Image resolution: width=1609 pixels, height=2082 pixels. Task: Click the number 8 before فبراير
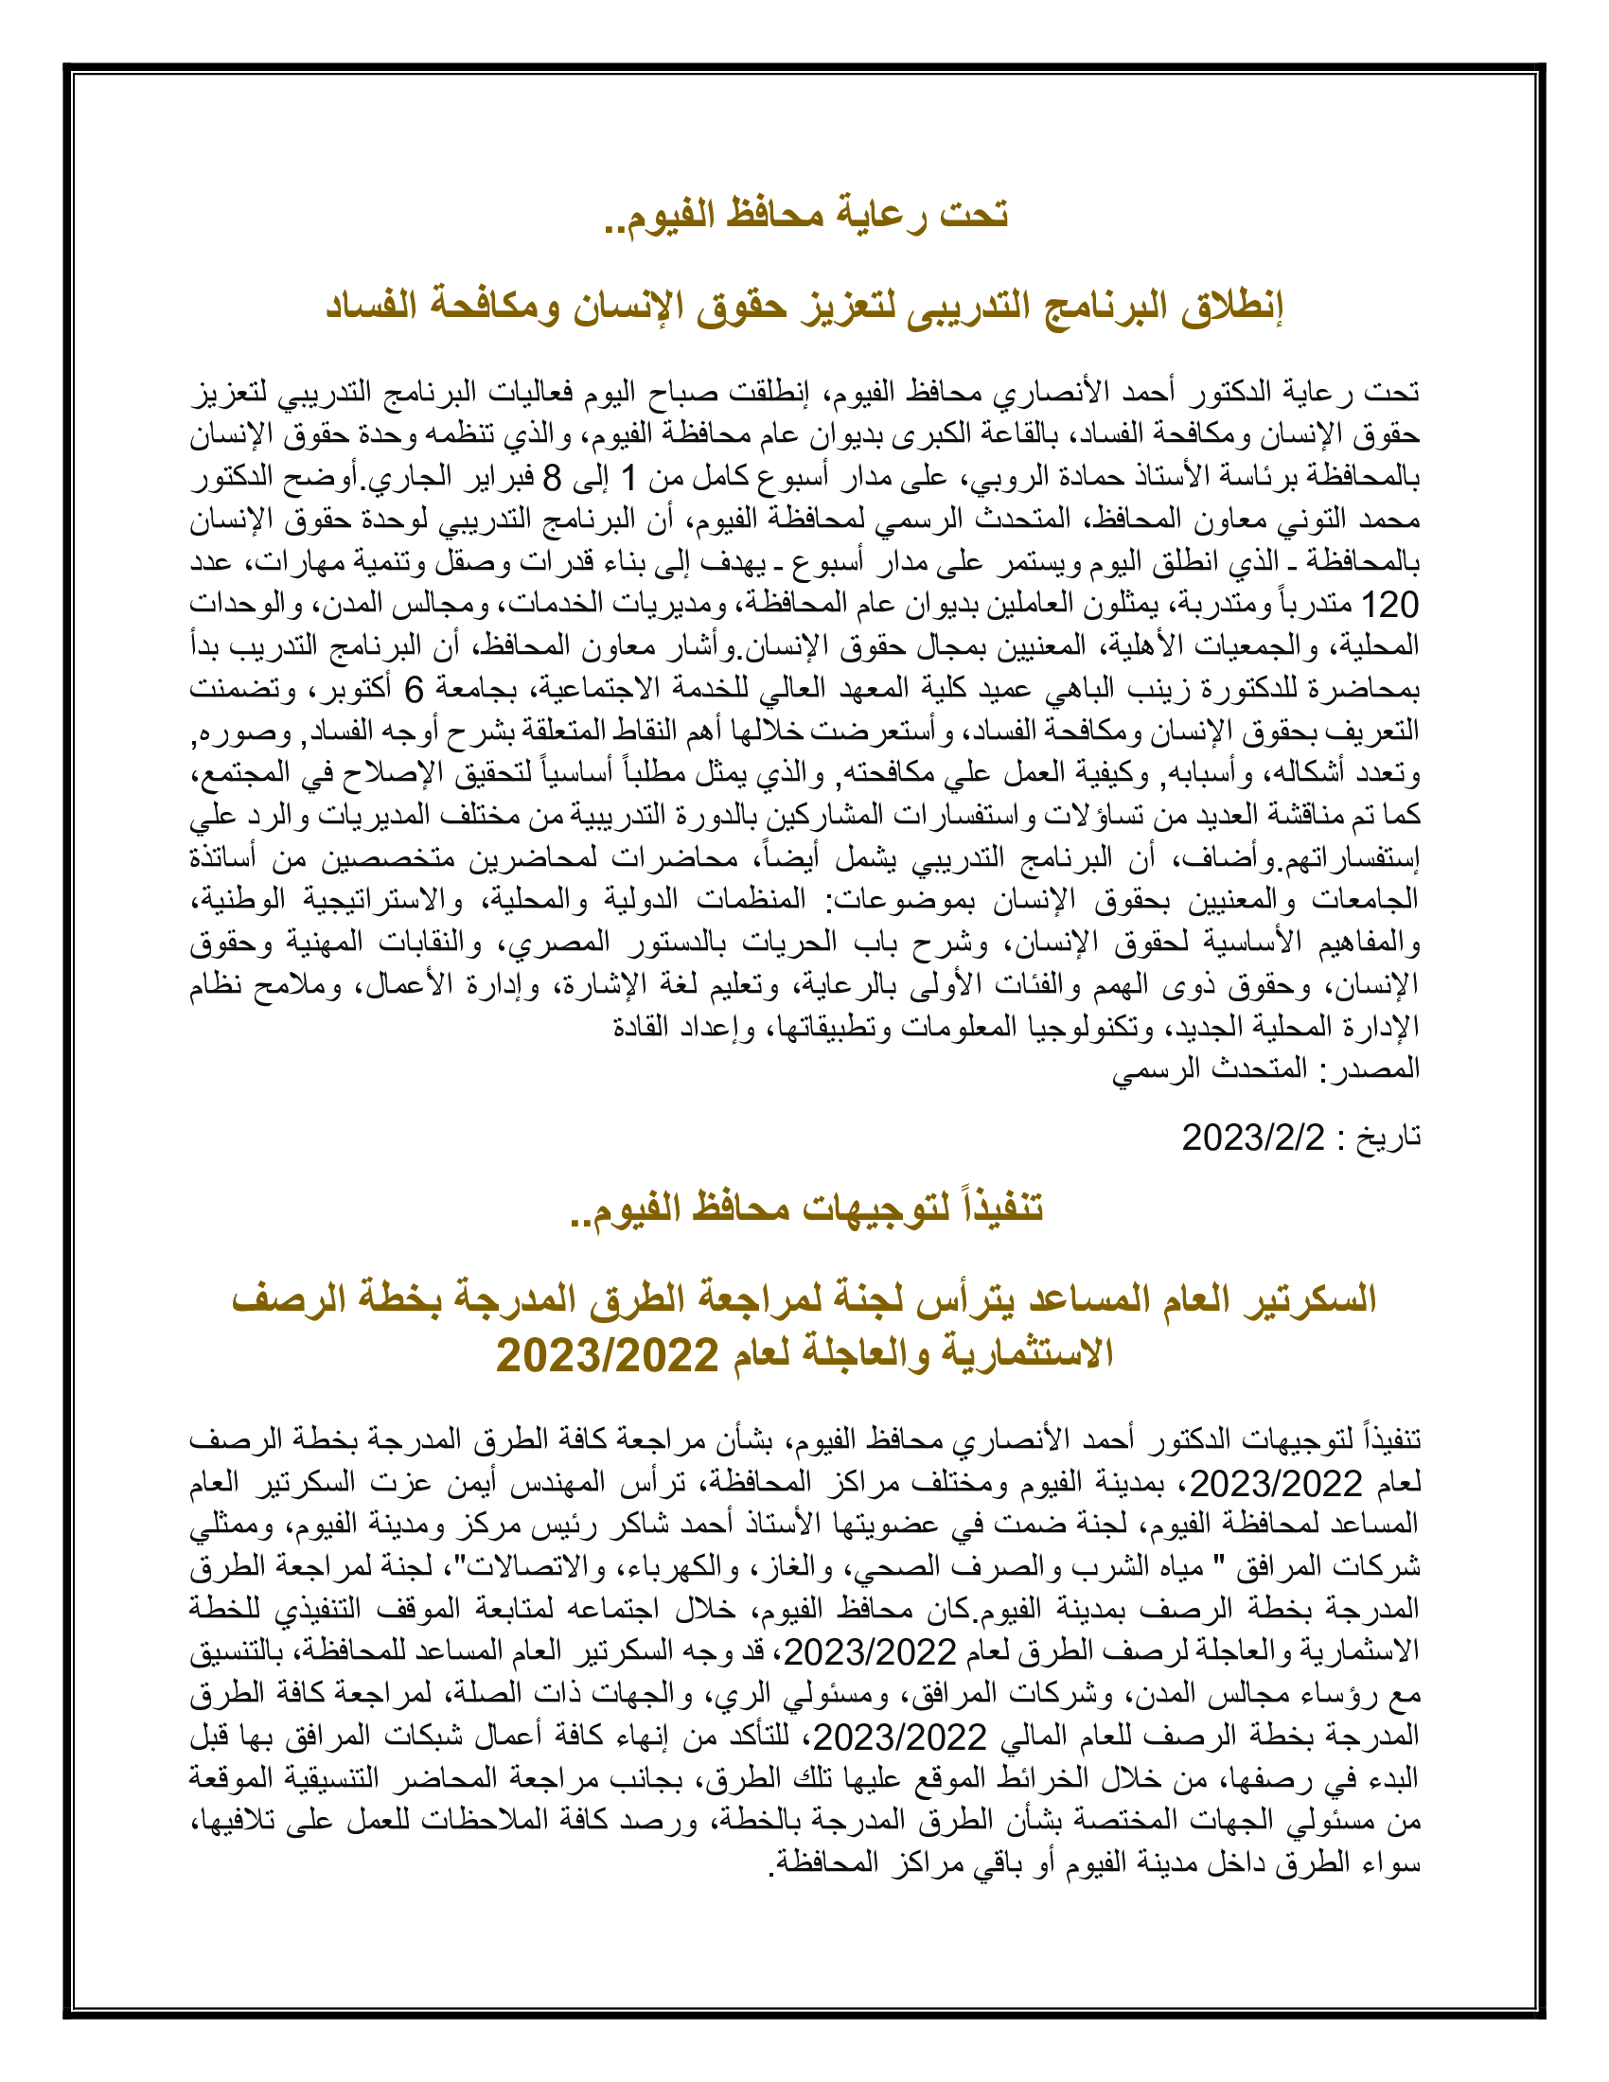[552, 477]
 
